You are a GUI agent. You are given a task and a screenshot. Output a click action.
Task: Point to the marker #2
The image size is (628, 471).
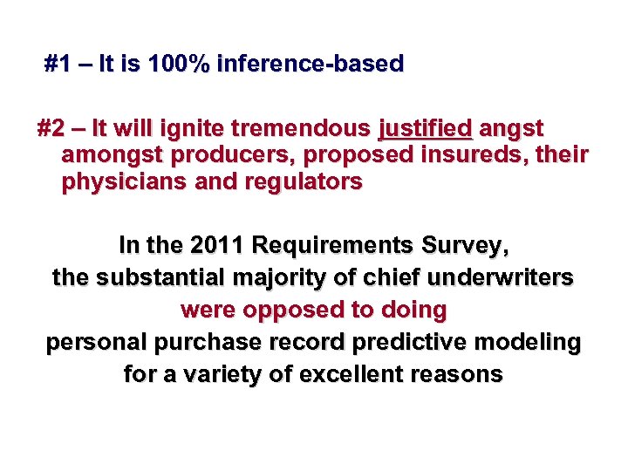click(x=51, y=129)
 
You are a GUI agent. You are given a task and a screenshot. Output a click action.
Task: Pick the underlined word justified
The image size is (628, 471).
click(x=426, y=129)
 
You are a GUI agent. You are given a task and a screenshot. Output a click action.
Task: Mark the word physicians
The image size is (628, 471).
click(x=121, y=183)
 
